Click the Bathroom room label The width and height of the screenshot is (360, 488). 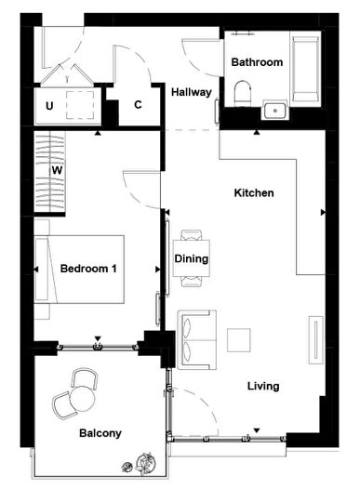point(257,63)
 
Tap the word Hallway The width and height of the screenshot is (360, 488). point(192,92)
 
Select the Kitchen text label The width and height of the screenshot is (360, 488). point(253,193)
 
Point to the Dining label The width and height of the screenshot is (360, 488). point(192,258)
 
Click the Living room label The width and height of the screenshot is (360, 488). point(263,386)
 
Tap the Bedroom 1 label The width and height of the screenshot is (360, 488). point(88,269)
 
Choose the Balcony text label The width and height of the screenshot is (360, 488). point(100,433)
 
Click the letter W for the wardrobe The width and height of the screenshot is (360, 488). point(57,171)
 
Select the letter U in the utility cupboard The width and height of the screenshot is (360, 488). point(49,106)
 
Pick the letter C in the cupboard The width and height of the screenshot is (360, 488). point(138,105)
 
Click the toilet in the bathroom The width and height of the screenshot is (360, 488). point(244,93)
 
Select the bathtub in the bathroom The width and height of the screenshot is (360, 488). point(305,69)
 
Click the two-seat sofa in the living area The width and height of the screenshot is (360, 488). point(195,339)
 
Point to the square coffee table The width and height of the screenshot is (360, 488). point(240,339)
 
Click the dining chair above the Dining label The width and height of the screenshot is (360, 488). point(192,236)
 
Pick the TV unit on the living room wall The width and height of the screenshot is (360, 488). point(316,339)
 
